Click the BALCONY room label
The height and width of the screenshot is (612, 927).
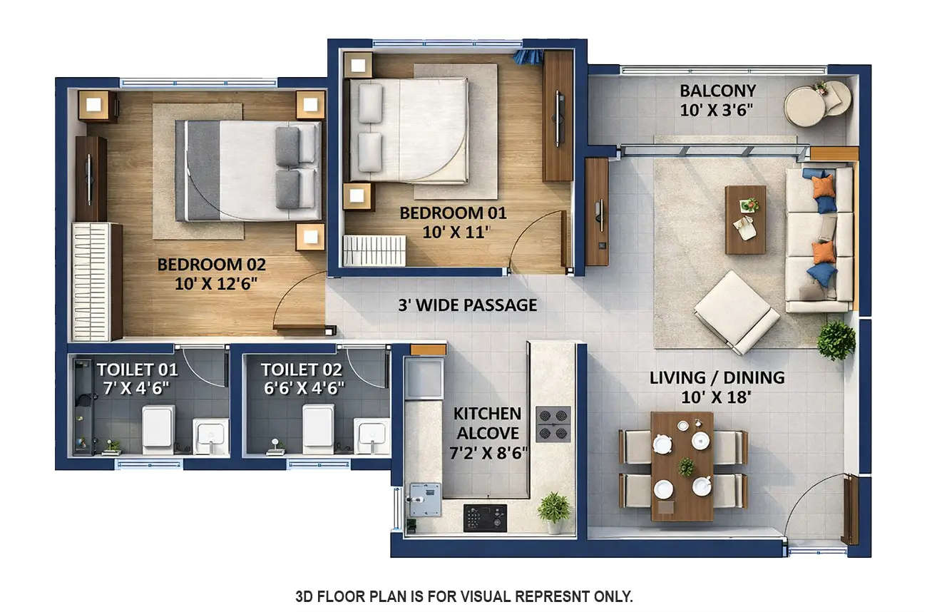pos(717,91)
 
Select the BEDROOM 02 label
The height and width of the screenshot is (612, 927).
pos(211,265)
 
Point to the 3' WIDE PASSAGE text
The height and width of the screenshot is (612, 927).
pos(467,305)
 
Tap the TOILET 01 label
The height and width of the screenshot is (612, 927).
pos(138,369)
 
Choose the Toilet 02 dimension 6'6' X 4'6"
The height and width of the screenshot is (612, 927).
pos(302,388)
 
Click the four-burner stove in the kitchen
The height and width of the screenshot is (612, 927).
pos(553,424)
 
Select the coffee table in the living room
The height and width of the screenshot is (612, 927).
pos(745,219)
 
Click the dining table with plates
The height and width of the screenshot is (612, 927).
pos(682,465)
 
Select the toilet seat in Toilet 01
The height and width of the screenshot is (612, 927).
pos(158,430)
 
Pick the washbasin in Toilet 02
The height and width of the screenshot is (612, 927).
pos(372,435)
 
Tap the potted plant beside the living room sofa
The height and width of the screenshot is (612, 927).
pos(836,340)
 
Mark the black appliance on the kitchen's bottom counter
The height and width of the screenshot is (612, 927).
pos(485,517)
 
